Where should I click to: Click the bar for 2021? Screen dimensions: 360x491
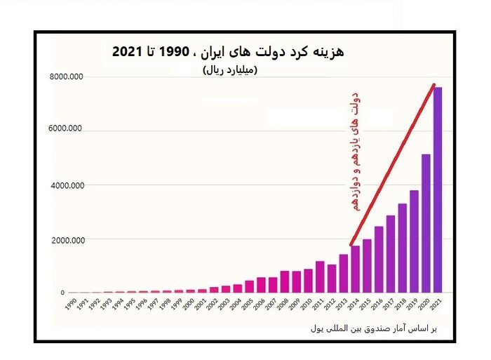[x=438, y=189]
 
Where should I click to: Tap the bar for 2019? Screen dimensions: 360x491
[x=414, y=241]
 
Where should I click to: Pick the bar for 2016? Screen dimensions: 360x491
[x=379, y=259]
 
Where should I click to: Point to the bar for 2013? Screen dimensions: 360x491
[x=344, y=273]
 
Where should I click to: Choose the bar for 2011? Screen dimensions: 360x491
[x=320, y=277]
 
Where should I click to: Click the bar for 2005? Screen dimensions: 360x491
[x=249, y=286]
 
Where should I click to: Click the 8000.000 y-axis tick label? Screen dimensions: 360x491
[x=67, y=76]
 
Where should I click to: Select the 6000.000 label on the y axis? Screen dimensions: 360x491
[x=67, y=129]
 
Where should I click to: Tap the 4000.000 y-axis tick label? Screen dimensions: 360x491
[x=67, y=186]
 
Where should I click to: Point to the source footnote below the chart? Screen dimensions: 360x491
[x=372, y=328]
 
